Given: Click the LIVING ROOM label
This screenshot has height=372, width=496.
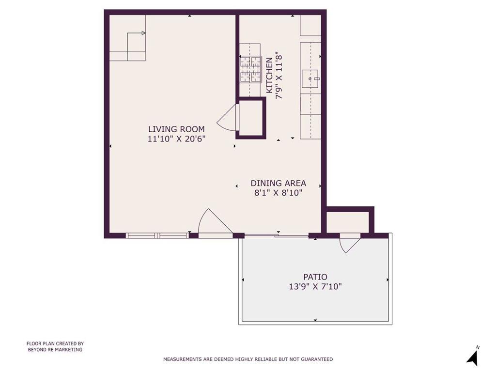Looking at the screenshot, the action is click(176, 129).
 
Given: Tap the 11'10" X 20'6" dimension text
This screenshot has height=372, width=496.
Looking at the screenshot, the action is click(176, 139).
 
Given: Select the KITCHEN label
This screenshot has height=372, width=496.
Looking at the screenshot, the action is click(269, 75).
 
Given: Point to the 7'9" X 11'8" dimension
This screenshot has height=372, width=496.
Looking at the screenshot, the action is click(279, 76).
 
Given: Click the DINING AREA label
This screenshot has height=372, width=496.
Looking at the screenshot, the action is click(279, 183).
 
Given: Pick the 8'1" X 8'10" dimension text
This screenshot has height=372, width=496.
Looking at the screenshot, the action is click(279, 193).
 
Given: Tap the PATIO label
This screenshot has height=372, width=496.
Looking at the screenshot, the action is click(315, 277).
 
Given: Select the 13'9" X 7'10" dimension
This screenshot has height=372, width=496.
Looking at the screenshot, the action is click(315, 287).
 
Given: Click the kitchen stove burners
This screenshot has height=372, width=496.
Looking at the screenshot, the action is click(250, 69).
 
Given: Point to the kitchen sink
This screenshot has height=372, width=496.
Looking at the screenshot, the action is click(310, 78).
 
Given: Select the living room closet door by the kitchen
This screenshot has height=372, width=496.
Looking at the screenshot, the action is click(227, 117).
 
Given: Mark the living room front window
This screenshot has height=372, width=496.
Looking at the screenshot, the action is click(157, 235).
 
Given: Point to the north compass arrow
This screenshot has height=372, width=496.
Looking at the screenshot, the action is click(472, 357).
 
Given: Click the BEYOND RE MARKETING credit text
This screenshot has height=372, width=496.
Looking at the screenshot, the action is click(55, 350).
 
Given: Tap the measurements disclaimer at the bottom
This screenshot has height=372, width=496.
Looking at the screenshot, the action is click(248, 359).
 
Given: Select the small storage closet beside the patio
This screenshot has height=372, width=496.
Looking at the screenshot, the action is click(348, 222).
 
